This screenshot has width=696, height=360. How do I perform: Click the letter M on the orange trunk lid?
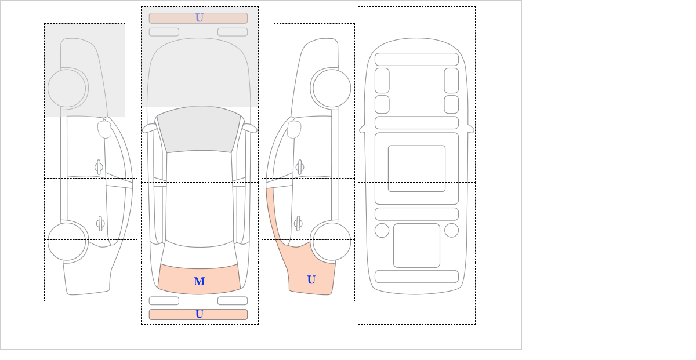pos(200,281)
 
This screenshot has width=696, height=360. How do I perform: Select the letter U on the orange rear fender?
pos(311,279)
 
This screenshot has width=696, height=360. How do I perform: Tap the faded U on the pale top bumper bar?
pos(200,18)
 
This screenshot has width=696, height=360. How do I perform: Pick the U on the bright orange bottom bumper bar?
pos(200,314)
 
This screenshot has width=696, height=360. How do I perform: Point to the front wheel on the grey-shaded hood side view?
pos(67,88)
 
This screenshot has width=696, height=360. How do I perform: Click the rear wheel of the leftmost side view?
pos(67,241)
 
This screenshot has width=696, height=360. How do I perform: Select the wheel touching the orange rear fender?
pos(332,241)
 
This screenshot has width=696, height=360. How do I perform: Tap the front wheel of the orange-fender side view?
pos(332,88)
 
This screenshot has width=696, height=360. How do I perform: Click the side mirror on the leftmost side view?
pos(104,129)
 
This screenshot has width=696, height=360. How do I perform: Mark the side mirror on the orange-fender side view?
pos(294,129)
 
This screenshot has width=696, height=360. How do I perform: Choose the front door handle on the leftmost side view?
pos(99,168)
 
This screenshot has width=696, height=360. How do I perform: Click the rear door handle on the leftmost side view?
pos(100,223)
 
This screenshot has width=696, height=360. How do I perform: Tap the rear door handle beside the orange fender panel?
pos(298,223)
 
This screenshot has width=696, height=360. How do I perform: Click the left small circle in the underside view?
pos(382,231)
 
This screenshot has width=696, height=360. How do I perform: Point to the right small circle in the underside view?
pos(451,231)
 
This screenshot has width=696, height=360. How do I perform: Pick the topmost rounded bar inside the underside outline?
pos(416,59)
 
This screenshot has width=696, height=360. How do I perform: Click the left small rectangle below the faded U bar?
pos(164,32)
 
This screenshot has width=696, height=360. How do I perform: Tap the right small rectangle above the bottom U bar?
pos(233,301)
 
